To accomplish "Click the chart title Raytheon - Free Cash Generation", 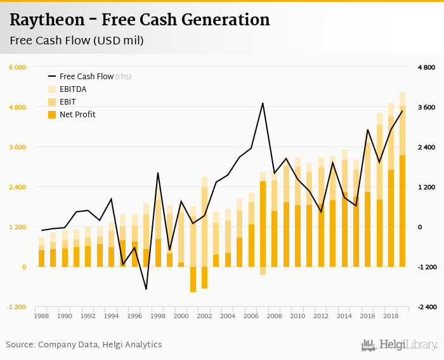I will (x=140, y=20).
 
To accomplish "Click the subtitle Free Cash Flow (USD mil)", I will (x=77, y=41).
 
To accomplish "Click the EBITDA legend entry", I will (x=73, y=89).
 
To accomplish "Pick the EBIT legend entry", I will (x=68, y=101).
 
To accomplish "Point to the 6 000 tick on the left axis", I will (x=17, y=67).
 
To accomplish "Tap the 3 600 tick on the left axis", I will (x=17, y=147).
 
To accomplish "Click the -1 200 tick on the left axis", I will (x=16, y=307).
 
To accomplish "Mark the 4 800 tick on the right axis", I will (x=426, y=67).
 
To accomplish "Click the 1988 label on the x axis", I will (x=41, y=316).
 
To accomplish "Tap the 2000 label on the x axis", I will (x=181, y=316).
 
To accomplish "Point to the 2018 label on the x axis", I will (x=391, y=316).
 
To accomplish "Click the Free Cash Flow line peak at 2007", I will (x=263, y=103).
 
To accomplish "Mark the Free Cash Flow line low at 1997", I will (x=146, y=289).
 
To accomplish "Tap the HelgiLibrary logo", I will (x=399, y=345).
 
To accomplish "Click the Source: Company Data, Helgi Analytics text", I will (x=84, y=345).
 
